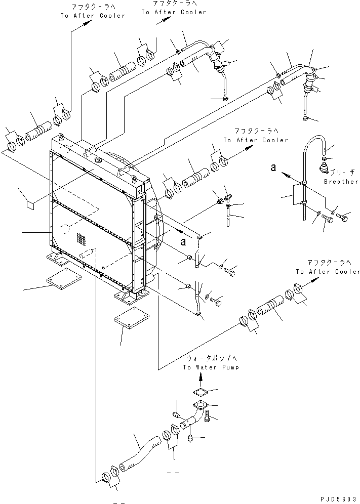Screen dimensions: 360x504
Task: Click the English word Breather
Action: click(341, 182)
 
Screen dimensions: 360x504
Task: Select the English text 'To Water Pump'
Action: click(211, 367)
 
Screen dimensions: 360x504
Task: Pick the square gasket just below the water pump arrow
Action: click(199, 393)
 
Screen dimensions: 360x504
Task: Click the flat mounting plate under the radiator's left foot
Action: click(64, 278)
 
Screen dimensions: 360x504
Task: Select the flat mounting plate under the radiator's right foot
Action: click(132, 318)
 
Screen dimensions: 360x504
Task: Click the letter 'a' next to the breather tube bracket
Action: click(273, 167)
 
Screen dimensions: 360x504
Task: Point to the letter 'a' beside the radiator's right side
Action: click(183, 241)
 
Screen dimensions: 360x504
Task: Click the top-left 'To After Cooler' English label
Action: click(93, 15)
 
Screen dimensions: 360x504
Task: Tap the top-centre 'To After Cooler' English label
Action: click(174, 12)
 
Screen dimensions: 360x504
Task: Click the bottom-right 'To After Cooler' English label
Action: click(328, 272)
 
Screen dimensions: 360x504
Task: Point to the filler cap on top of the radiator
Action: click(98, 160)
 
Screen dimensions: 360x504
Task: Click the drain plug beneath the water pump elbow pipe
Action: click(191, 438)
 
